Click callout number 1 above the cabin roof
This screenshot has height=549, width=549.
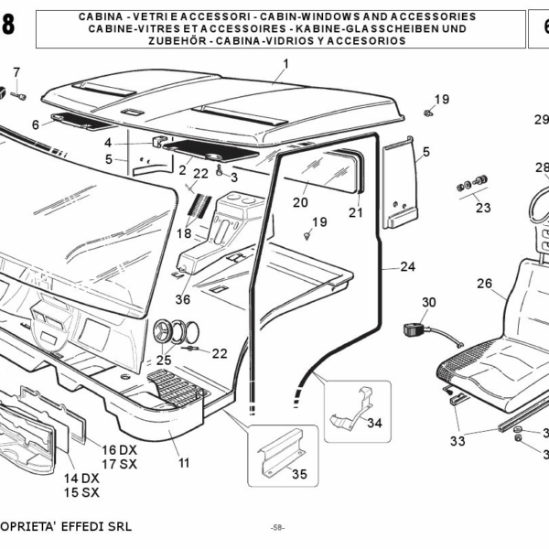(x=285, y=63)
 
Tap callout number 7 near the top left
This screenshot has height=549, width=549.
(x=16, y=73)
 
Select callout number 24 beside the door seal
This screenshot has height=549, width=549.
(x=407, y=267)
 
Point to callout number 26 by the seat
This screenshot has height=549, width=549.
(x=484, y=283)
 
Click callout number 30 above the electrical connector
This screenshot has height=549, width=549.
(x=429, y=303)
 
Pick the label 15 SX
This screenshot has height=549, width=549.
(x=81, y=493)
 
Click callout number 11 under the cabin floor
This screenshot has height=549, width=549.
(x=184, y=463)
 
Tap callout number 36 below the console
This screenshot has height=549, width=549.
(x=182, y=298)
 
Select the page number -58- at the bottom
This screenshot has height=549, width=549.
(x=278, y=528)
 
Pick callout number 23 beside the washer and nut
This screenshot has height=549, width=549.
(x=483, y=208)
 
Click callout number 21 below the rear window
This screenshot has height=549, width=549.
(x=355, y=212)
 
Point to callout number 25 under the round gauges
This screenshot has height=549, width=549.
(x=164, y=360)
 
